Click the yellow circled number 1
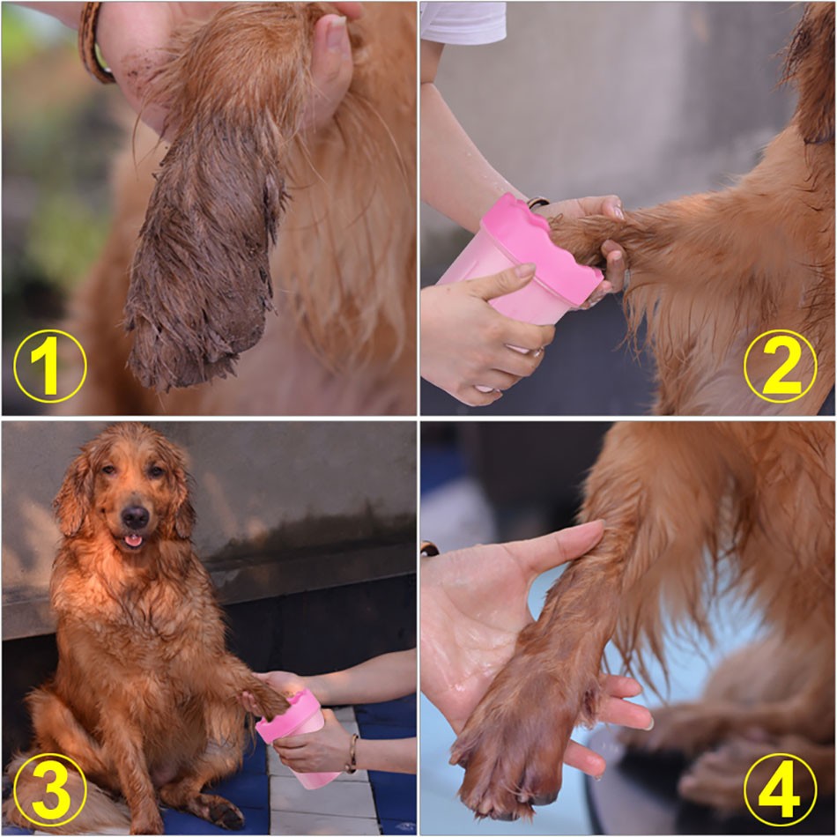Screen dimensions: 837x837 (x=49, y=367)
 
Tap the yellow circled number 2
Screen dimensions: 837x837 (x=780, y=367)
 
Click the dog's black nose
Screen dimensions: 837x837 (x=135, y=516)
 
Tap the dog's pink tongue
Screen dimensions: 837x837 (x=133, y=541)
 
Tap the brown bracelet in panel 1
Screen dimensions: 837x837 (x=95, y=42)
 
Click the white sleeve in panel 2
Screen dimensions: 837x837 (x=463, y=22)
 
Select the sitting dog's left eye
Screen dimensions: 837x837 (x=157, y=470)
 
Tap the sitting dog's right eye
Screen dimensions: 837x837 (x=108, y=470)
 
